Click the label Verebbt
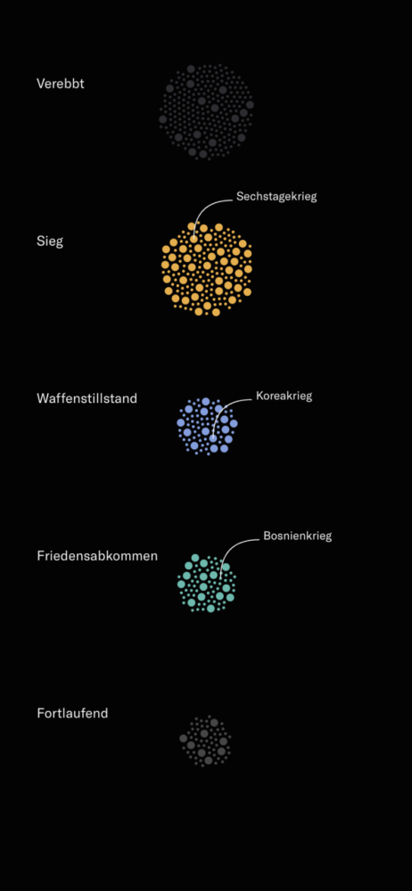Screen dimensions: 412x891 click(x=61, y=84)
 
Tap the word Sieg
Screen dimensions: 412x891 click(x=50, y=241)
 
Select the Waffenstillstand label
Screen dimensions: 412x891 click(x=87, y=398)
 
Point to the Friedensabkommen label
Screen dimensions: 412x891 click(x=97, y=556)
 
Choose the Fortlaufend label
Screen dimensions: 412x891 click(x=72, y=713)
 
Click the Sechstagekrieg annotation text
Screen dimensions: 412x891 click(x=276, y=197)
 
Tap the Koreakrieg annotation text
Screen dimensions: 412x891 click(x=284, y=396)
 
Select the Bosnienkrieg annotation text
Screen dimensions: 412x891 click(x=297, y=535)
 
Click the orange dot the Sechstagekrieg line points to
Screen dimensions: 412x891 click(x=194, y=239)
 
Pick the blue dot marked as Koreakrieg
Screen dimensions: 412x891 click(x=213, y=438)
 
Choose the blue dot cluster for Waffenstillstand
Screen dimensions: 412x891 click(x=207, y=426)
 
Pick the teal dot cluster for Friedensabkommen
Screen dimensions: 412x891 click(x=207, y=583)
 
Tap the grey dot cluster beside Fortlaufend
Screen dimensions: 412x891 click(x=205, y=741)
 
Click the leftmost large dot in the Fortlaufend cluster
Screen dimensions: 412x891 click(x=183, y=739)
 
